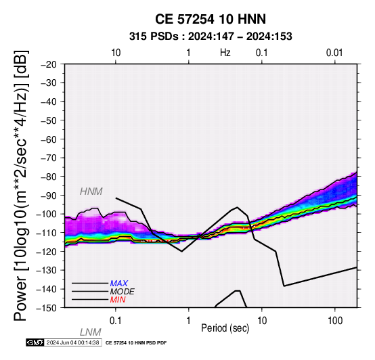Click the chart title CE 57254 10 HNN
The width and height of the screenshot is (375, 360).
coord(211,19)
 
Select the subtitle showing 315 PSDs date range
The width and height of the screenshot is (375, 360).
coord(211,37)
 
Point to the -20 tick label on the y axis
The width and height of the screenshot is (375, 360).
coord(49,64)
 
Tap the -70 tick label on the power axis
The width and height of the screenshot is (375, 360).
coord(49,158)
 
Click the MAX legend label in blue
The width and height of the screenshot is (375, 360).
coord(119,284)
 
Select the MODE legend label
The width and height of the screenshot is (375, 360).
coord(123,292)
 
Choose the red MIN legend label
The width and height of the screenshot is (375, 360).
coord(118,300)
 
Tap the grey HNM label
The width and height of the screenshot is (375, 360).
coord(91,192)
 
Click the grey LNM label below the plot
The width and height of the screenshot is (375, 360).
coord(91,332)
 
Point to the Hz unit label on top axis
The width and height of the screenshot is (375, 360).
coord(225,53)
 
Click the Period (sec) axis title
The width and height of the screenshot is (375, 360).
coord(225,328)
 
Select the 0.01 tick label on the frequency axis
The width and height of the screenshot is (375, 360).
coord(334,53)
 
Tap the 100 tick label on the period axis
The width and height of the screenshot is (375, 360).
coord(335,321)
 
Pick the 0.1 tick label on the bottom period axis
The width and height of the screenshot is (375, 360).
coord(116,321)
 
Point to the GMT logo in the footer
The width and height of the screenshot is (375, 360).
coord(35,342)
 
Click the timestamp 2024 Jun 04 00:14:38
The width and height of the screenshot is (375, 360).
coord(72,342)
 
